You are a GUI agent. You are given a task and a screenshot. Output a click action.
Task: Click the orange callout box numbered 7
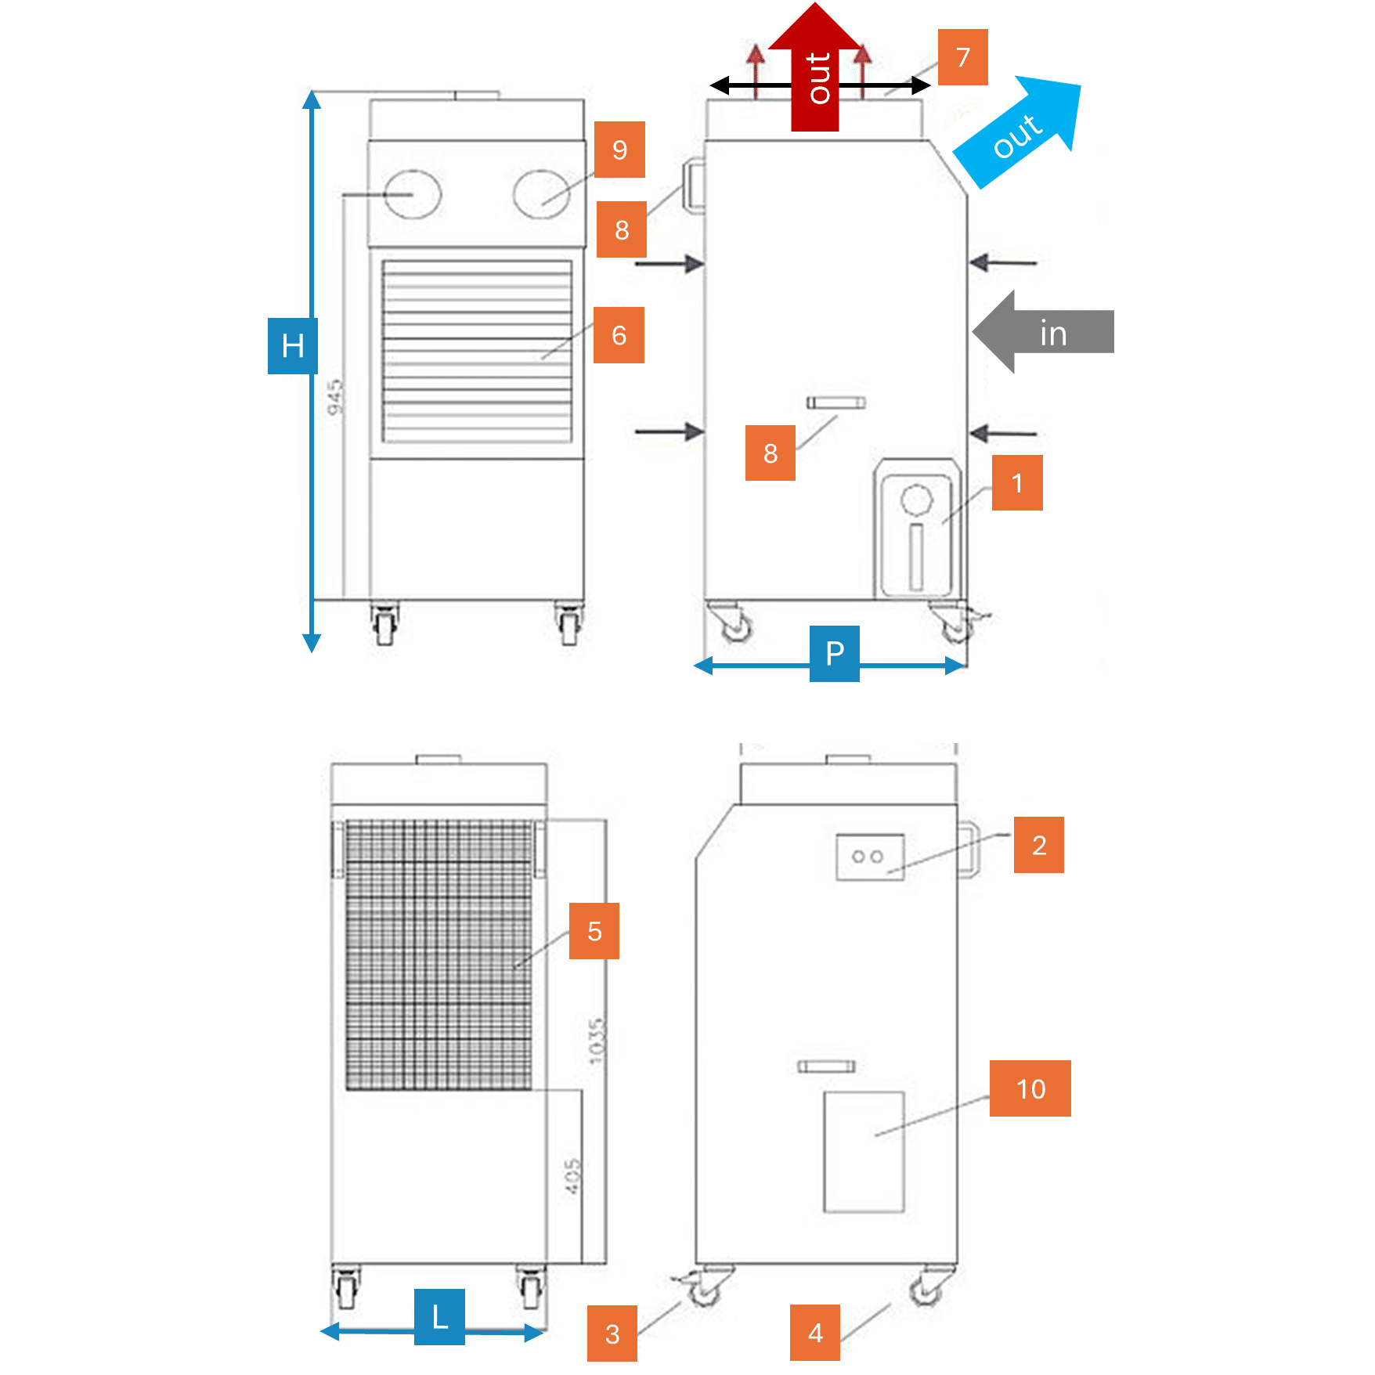[962, 57]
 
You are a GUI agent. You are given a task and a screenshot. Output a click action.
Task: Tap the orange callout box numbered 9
[619, 150]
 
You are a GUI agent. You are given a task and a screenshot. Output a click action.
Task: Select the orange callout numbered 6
[619, 335]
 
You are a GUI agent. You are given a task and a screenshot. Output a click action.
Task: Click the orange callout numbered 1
[1016, 483]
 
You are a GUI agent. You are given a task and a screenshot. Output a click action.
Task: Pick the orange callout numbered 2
[1038, 845]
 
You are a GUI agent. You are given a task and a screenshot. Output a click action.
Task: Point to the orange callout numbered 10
[1030, 1088]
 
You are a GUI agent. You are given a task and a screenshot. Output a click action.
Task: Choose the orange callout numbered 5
[594, 931]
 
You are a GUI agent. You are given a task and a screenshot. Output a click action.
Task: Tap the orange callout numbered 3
[612, 1333]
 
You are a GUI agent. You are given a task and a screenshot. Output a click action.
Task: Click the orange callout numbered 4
[814, 1332]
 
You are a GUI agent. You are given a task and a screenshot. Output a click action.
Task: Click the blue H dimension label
[292, 345]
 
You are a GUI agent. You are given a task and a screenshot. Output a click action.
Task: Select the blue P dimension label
[834, 653]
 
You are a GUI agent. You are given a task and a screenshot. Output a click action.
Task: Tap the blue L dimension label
[439, 1316]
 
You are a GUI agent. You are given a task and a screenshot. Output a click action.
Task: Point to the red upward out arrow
[815, 70]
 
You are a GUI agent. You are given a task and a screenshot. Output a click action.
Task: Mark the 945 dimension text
[335, 397]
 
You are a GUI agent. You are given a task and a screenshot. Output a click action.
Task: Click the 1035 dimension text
[597, 1041]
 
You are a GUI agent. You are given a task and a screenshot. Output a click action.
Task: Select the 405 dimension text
[572, 1176]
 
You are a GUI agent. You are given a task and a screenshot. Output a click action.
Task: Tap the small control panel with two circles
[869, 857]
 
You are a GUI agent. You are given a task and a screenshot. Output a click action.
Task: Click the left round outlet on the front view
[413, 194]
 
